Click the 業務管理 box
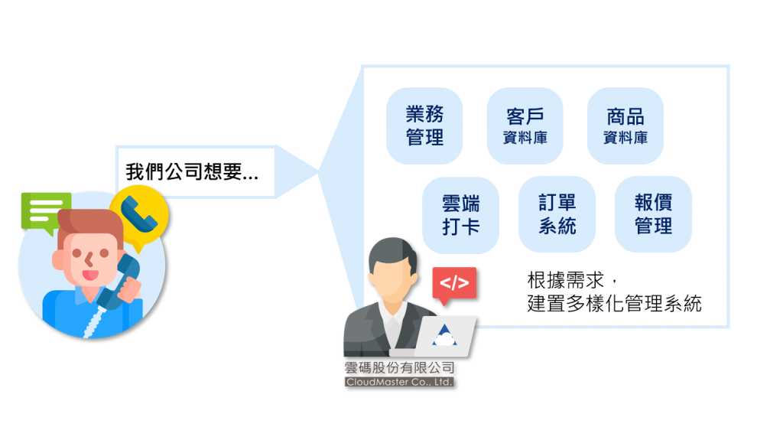424,126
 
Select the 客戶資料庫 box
525,126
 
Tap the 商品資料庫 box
625,126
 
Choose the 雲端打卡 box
460,215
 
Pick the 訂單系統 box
557,215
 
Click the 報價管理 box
653,215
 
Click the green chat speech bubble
44,210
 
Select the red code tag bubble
453,283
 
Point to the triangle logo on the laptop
443,335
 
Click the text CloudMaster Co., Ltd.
398,381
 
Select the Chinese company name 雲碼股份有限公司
398,367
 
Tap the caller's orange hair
88,224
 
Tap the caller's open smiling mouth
90,273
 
